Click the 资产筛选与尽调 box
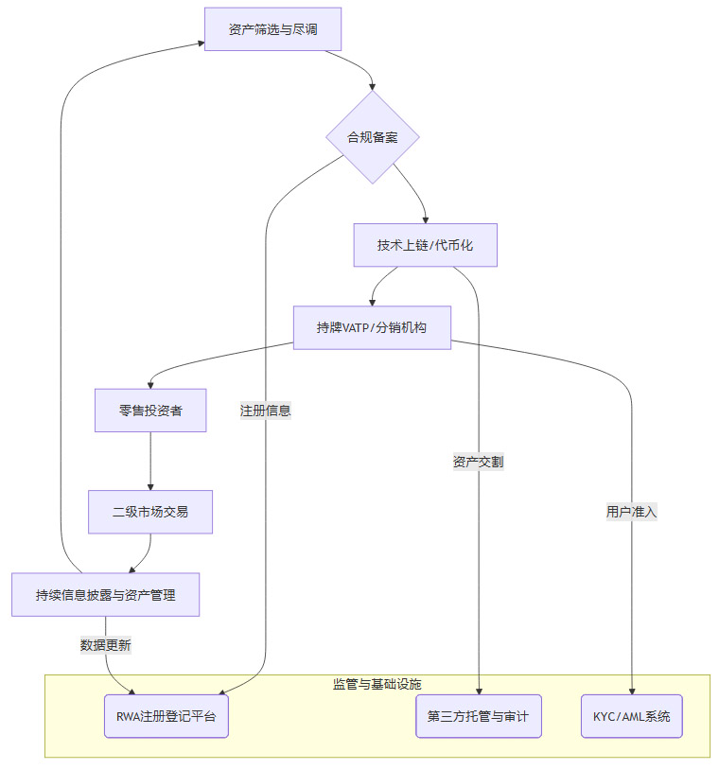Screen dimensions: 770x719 coord(272,29)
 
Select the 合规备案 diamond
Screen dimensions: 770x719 coord(373,137)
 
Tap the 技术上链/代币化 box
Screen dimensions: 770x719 coord(425,245)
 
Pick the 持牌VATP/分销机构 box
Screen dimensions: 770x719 coord(372,327)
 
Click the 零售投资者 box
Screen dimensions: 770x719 coord(150,411)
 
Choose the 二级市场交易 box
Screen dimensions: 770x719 coord(150,512)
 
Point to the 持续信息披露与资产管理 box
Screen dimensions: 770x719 coord(105,595)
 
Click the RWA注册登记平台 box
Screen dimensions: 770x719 coord(166,716)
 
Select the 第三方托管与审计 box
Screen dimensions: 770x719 coord(478,716)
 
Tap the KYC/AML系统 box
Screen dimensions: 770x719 coord(631,716)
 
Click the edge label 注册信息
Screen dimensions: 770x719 coord(266,411)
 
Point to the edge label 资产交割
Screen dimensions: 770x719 coord(478,463)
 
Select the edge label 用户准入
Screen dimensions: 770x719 coord(631,512)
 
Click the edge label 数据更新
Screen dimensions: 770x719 coord(106,645)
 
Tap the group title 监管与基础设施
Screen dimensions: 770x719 coord(377,684)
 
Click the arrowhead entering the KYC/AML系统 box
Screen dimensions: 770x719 coord(631,691)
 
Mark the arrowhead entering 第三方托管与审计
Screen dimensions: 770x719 coord(479,691)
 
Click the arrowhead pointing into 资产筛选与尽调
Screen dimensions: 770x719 coord(201,43)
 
